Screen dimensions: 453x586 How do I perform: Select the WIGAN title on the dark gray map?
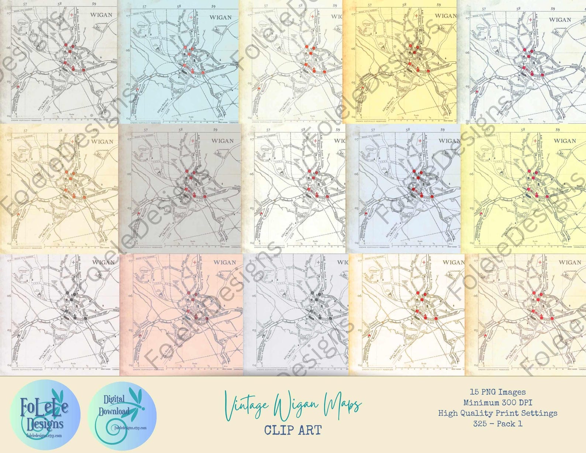[x=223, y=141]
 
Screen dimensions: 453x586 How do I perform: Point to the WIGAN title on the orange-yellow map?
[x=445, y=16]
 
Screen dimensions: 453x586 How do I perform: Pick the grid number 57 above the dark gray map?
[x=146, y=130]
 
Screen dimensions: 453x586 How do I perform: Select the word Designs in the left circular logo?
[x=45, y=423]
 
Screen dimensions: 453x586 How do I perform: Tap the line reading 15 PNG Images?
[x=497, y=392]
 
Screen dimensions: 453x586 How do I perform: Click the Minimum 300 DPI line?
[x=497, y=402]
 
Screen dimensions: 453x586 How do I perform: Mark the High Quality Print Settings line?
[x=497, y=413]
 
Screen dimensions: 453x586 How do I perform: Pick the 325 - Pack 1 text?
[x=497, y=423]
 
